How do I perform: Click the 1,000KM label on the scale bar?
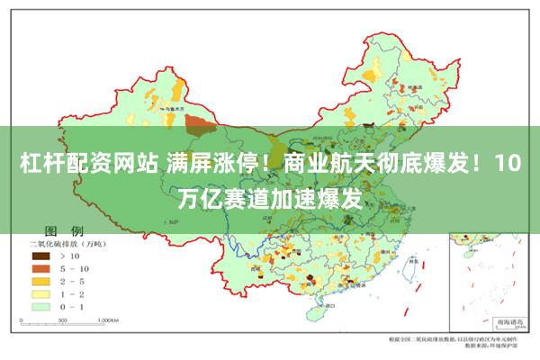coord(109,319)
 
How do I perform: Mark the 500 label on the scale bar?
coord(69,319)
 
